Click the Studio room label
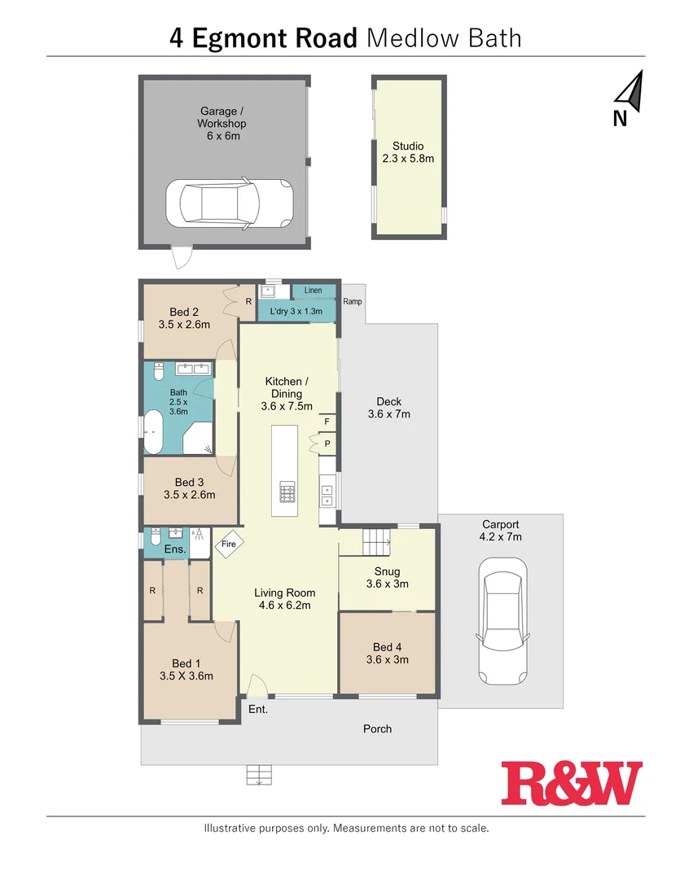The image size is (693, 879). (x=408, y=146)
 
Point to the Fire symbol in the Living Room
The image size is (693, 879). (x=229, y=544)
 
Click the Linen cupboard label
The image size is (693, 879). (x=313, y=291)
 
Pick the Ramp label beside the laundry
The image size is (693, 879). (x=353, y=302)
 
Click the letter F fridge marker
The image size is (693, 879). (x=327, y=422)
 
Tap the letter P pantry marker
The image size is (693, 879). (x=327, y=444)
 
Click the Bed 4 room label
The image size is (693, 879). (x=387, y=648)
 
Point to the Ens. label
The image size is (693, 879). (x=175, y=550)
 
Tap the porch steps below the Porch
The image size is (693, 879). (x=258, y=775)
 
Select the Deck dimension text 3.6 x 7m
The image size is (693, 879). (x=388, y=414)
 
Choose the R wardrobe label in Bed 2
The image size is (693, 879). (x=248, y=302)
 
